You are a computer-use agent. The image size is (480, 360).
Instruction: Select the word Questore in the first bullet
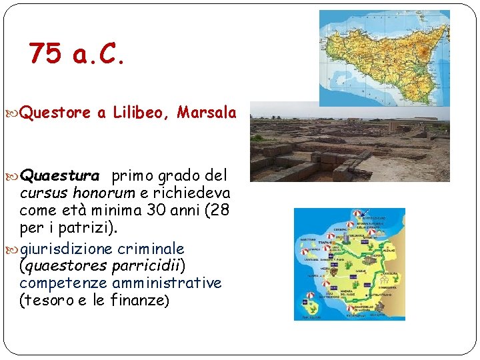click(x=55, y=113)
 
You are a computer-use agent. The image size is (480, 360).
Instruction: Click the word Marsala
click(x=207, y=113)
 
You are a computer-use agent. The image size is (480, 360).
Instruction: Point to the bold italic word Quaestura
click(x=60, y=176)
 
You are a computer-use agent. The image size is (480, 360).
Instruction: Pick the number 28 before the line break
click(x=219, y=211)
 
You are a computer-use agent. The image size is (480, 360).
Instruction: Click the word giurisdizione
click(x=67, y=249)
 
